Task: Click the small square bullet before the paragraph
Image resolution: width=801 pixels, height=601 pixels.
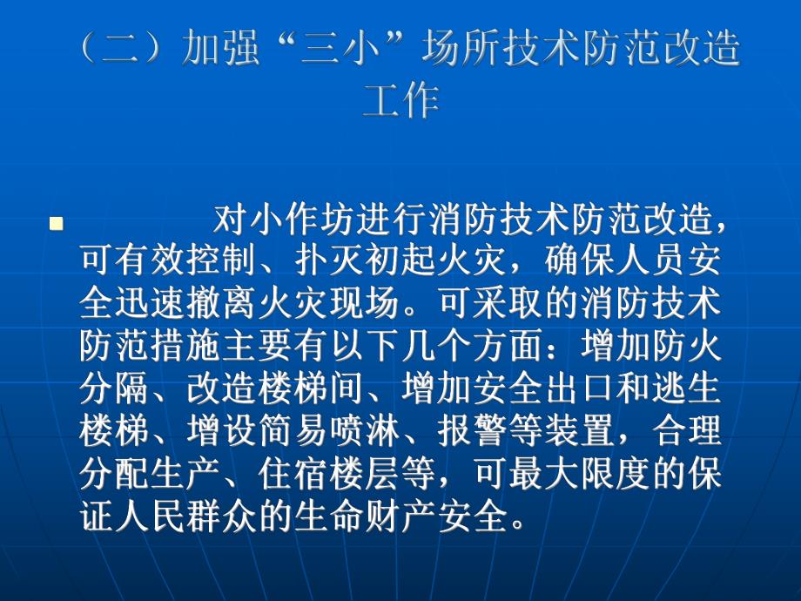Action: tap(57, 225)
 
